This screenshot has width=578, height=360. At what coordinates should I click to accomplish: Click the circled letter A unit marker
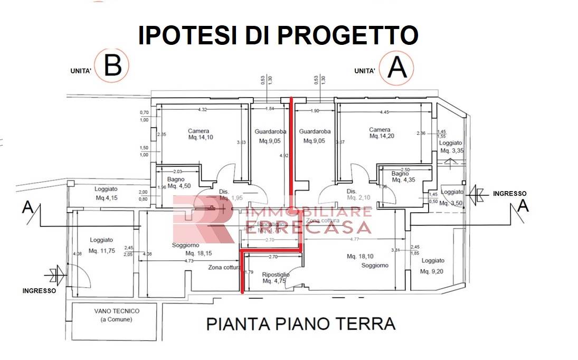click(x=397, y=68)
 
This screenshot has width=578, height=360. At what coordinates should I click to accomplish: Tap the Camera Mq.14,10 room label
click(x=198, y=135)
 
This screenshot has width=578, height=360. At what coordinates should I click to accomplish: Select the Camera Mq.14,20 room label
click(x=380, y=132)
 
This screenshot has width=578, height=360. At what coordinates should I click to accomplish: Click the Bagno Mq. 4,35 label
click(x=402, y=177)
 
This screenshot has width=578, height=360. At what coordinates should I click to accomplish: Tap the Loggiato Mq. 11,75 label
click(x=102, y=245)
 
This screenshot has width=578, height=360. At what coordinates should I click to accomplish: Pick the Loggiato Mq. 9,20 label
click(x=433, y=266)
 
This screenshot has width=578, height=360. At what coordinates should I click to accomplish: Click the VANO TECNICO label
click(x=109, y=315)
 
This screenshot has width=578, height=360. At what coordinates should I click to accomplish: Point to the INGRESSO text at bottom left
click(x=39, y=290)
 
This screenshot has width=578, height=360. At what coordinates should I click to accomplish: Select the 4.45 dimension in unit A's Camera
click(x=384, y=112)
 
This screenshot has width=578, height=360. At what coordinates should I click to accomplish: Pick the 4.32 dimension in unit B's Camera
click(x=202, y=109)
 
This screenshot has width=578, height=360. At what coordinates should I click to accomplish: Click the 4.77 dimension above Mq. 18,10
click(x=354, y=239)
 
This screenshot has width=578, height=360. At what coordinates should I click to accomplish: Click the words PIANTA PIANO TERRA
click(x=300, y=323)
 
